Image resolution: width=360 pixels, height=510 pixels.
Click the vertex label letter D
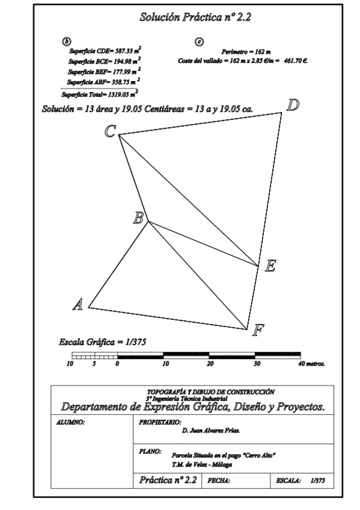click(x=293, y=105)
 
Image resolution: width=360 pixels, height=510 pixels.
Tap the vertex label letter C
click(x=110, y=131)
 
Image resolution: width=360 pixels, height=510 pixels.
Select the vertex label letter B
click(x=138, y=218)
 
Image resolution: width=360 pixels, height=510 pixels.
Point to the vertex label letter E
click(x=271, y=266)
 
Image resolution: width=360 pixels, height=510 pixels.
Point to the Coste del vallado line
click(x=243, y=61)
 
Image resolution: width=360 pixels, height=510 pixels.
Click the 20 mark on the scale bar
click(x=210, y=364)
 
